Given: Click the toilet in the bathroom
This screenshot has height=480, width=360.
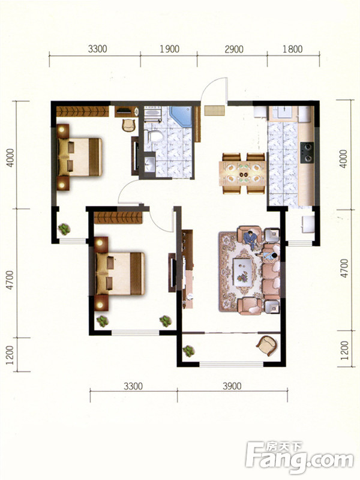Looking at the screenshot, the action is [x=155, y=136].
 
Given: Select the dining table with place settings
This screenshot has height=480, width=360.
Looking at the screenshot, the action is [x=242, y=173].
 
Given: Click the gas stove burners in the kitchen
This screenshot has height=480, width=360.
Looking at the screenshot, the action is [x=307, y=152].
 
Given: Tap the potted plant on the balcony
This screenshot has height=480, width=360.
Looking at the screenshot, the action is [x=188, y=351].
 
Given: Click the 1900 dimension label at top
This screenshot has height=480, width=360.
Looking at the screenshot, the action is [x=169, y=49].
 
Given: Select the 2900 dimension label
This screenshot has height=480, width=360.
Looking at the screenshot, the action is [x=234, y=49].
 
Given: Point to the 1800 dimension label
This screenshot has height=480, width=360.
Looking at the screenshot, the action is [x=292, y=49].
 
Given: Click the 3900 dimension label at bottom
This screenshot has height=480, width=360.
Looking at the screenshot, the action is [x=232, y=386].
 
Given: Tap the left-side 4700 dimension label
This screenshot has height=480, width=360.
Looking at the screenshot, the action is [x=10, y=280].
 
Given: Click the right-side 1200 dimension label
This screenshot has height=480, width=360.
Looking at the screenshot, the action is [x=344, y=350].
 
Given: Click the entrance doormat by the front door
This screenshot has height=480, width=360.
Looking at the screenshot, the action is [x=215, y=110].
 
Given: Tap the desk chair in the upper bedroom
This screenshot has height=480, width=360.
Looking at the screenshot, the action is [x=128, y=125].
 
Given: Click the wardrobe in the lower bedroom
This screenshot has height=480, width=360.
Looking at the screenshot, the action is [x=118, y=218].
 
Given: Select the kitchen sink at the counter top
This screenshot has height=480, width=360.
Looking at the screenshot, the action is [x=283, y=113].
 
